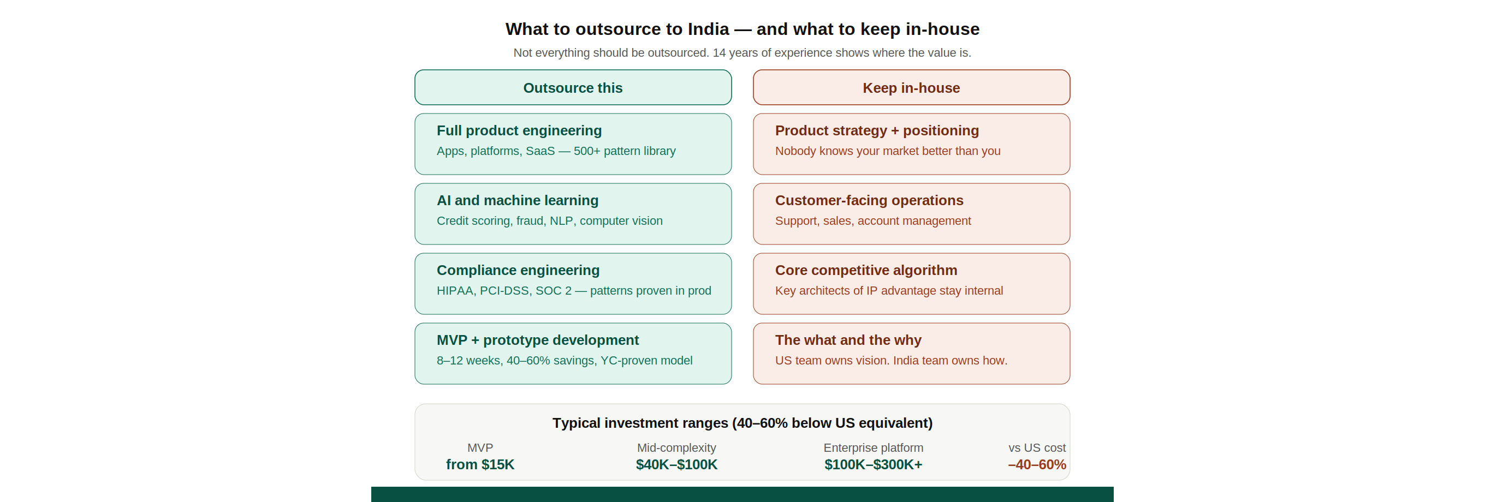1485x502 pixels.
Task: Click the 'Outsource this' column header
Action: (573, 88)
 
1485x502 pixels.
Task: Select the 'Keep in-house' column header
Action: (911, 88)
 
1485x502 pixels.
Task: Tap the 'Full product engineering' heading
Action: (519, 131)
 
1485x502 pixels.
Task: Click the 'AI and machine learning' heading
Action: (517, 201)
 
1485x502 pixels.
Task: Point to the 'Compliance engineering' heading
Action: (518, 270)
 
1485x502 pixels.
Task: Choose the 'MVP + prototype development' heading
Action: (537, 340)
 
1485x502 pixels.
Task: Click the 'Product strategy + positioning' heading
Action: (876, 131)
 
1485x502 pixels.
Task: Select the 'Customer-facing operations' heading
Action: (869, 201)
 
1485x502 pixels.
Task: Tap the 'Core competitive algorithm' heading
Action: (866, 270)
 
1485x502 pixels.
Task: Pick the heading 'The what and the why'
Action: (848, 340)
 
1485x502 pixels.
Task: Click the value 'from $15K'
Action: (480, 464)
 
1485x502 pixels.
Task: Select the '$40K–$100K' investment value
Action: (676, 464)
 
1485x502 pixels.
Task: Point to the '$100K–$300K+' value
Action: (873, 464)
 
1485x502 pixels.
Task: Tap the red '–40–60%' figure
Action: (1037, 464)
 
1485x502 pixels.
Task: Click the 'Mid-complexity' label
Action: (676, 448)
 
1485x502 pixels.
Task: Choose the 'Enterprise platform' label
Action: (873, 448)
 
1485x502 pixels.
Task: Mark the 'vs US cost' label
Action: (1037, 448)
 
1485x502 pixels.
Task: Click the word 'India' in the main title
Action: (708, 29)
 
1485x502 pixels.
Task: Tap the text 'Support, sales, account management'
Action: (873, 221)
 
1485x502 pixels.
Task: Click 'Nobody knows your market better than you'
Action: (887, 151)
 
